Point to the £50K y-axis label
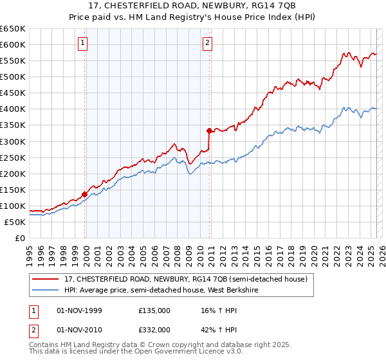pyautogui.click(x=15, y=222)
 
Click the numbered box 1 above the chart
pyautogui.click(x=84, y=44)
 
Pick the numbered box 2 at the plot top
pyautogui.click(x=208, y=44)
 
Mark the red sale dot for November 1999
pyautogui.click(x=84, y=194)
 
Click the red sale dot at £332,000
pyautogui.click(x=209, y=130)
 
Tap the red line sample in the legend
pyautogui.click(x=46, y=279)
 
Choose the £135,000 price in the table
pyautogui.click(x=154, y=310)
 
